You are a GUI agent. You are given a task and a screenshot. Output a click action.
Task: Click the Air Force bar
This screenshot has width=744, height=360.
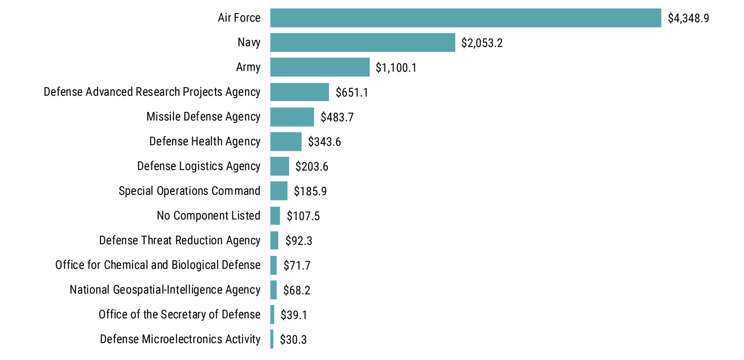465,18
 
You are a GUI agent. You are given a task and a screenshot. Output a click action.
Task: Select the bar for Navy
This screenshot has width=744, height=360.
363,43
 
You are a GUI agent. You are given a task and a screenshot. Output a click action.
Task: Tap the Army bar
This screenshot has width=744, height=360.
320,67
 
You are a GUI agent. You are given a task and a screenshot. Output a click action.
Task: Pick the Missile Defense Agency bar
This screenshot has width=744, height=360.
292,117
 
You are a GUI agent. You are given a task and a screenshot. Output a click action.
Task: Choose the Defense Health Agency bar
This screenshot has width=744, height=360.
286,142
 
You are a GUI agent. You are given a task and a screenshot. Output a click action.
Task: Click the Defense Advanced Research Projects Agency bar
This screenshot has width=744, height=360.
300,92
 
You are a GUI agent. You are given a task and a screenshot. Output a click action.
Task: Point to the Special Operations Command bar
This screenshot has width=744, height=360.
279,191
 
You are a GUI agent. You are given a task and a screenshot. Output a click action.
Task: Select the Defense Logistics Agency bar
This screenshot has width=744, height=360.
280,166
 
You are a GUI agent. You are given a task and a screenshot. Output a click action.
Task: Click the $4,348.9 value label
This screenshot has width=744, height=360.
688,18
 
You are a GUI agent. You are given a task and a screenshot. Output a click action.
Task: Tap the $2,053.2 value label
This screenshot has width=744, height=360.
482,43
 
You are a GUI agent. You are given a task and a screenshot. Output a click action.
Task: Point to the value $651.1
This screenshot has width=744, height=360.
352,93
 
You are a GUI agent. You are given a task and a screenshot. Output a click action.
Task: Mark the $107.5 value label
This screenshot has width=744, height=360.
303,216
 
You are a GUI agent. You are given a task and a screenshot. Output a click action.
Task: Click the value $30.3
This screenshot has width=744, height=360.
293,340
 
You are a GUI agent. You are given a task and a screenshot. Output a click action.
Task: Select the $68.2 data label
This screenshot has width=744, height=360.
297,290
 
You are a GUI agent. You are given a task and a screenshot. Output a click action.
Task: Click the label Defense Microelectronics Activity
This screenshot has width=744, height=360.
180,339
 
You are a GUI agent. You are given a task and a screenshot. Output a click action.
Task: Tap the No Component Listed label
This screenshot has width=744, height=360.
209,215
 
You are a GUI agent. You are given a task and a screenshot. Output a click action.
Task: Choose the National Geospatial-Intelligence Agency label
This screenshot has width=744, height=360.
165,290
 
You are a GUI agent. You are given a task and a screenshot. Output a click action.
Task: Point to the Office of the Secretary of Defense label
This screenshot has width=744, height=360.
179,314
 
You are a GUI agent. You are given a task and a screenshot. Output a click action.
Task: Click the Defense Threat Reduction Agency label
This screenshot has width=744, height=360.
180,240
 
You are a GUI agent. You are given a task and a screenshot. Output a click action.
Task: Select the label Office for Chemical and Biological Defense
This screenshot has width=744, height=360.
158,265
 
